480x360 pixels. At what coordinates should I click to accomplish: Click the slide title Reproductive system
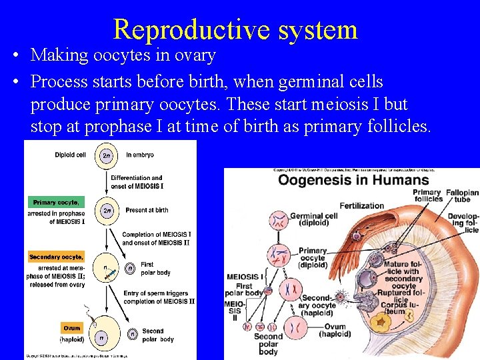pyautogui.click(x=235, y=29)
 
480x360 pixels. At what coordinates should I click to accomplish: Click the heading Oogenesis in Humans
pyautogui.click(x=353, y=180)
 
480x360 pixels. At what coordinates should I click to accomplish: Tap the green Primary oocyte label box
pyautogui.click(x=56, y=202)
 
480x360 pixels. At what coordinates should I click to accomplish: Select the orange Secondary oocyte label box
pyautogui.click(x=57, y=257)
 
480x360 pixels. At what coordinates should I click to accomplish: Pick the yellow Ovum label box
pyautogui.click(x=71, y=328)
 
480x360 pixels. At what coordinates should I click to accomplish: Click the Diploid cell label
pyautogui.click(x=70, y=155)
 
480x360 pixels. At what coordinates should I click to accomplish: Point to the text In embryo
pyautogui.click(x=139, y=155)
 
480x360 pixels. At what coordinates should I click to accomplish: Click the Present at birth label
pyautogui.click(x=147, y=210)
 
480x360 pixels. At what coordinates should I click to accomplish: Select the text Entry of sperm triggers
pyautogui.click(x=157, y=293)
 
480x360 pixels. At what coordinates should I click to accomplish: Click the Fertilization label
pyautogui.click(x=362, y=205)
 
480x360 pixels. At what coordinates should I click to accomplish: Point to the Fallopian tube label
pyautogui.click(x=463, y=196)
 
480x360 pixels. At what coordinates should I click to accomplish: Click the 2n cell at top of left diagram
pyautogui.click(x=106, y=156)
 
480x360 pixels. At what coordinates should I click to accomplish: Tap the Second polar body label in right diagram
pyautogui.click(x=268, y=344)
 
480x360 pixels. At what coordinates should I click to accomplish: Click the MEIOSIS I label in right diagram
pyautogui.click(x=245, y=277)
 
